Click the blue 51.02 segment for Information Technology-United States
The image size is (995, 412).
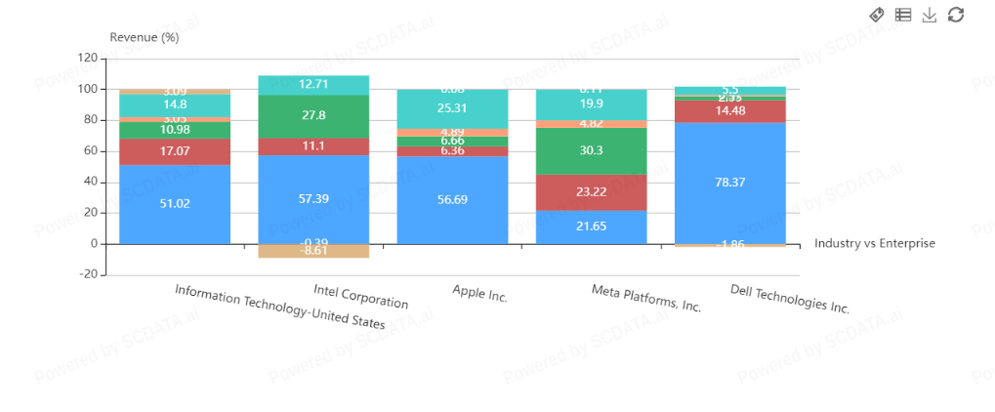pos(175,204)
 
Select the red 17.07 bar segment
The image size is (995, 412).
pos(175,151)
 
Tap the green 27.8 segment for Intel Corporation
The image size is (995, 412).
pos(313,116)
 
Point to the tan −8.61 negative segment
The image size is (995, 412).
pos(313,251)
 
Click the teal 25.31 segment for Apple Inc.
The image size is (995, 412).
pos(452,108)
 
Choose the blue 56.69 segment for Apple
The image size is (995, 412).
pos(452,199)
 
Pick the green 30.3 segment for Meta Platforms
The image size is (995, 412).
pos(592,150)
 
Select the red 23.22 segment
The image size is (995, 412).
pos(592,192)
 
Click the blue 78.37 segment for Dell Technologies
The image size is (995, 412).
pos(730,183)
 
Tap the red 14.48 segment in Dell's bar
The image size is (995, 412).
pos(730,110)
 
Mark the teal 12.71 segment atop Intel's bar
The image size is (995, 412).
pos(313,84)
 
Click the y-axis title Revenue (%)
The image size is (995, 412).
pos(145,37)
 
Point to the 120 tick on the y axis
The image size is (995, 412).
pos(87,59)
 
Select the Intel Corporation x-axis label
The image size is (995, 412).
pos(360,296)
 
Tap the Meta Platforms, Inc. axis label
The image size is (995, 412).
pos(646,298)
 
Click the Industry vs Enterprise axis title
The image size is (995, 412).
pos(874,243)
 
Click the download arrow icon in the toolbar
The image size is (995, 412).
pos(930,15)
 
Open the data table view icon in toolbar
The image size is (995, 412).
pos(903,15)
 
